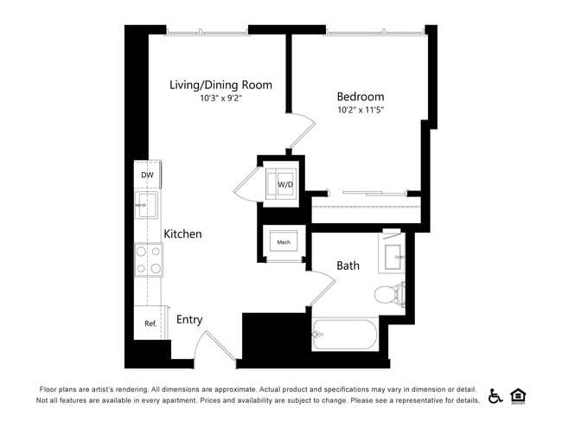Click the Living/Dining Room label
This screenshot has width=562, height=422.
pos(220,85)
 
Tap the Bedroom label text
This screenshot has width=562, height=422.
pos(361,97)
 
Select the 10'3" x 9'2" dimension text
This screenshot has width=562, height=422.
pos(220,99)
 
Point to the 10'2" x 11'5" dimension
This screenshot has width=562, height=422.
pos(361,111)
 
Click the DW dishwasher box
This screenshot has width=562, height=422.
pos(147,175)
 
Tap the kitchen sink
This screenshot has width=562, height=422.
pos(147,206)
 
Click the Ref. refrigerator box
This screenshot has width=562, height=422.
pos(150,323)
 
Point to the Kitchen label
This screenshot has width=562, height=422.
pos(182,234)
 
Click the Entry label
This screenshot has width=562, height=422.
pos(189,320)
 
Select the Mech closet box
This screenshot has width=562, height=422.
pos(283,242)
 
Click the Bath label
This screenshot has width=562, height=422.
pos(348,265)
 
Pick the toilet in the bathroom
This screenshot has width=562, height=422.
pos(389,294)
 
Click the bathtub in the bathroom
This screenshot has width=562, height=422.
pos(345,333)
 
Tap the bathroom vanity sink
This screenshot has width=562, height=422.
pos(399,257)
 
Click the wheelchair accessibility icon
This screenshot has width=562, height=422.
pos(495,395)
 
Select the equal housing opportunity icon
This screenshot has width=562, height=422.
pos(519,395)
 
